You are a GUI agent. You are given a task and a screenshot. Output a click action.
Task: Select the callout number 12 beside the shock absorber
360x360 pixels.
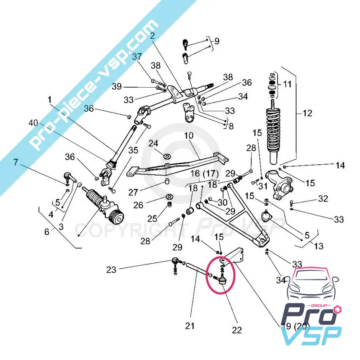pos(307,113)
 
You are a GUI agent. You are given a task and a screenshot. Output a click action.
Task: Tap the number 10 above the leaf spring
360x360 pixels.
pos(189,135)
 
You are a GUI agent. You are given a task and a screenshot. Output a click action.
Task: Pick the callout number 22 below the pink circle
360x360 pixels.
pos(237,330)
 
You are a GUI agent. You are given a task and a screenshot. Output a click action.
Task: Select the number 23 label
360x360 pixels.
pos(111,270)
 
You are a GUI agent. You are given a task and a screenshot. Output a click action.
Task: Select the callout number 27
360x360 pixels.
pos(132,192)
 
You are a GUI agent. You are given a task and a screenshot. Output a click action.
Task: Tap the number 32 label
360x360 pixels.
pos(323,198)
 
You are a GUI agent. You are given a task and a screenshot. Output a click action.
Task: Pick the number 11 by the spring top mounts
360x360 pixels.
pos(287,84)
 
